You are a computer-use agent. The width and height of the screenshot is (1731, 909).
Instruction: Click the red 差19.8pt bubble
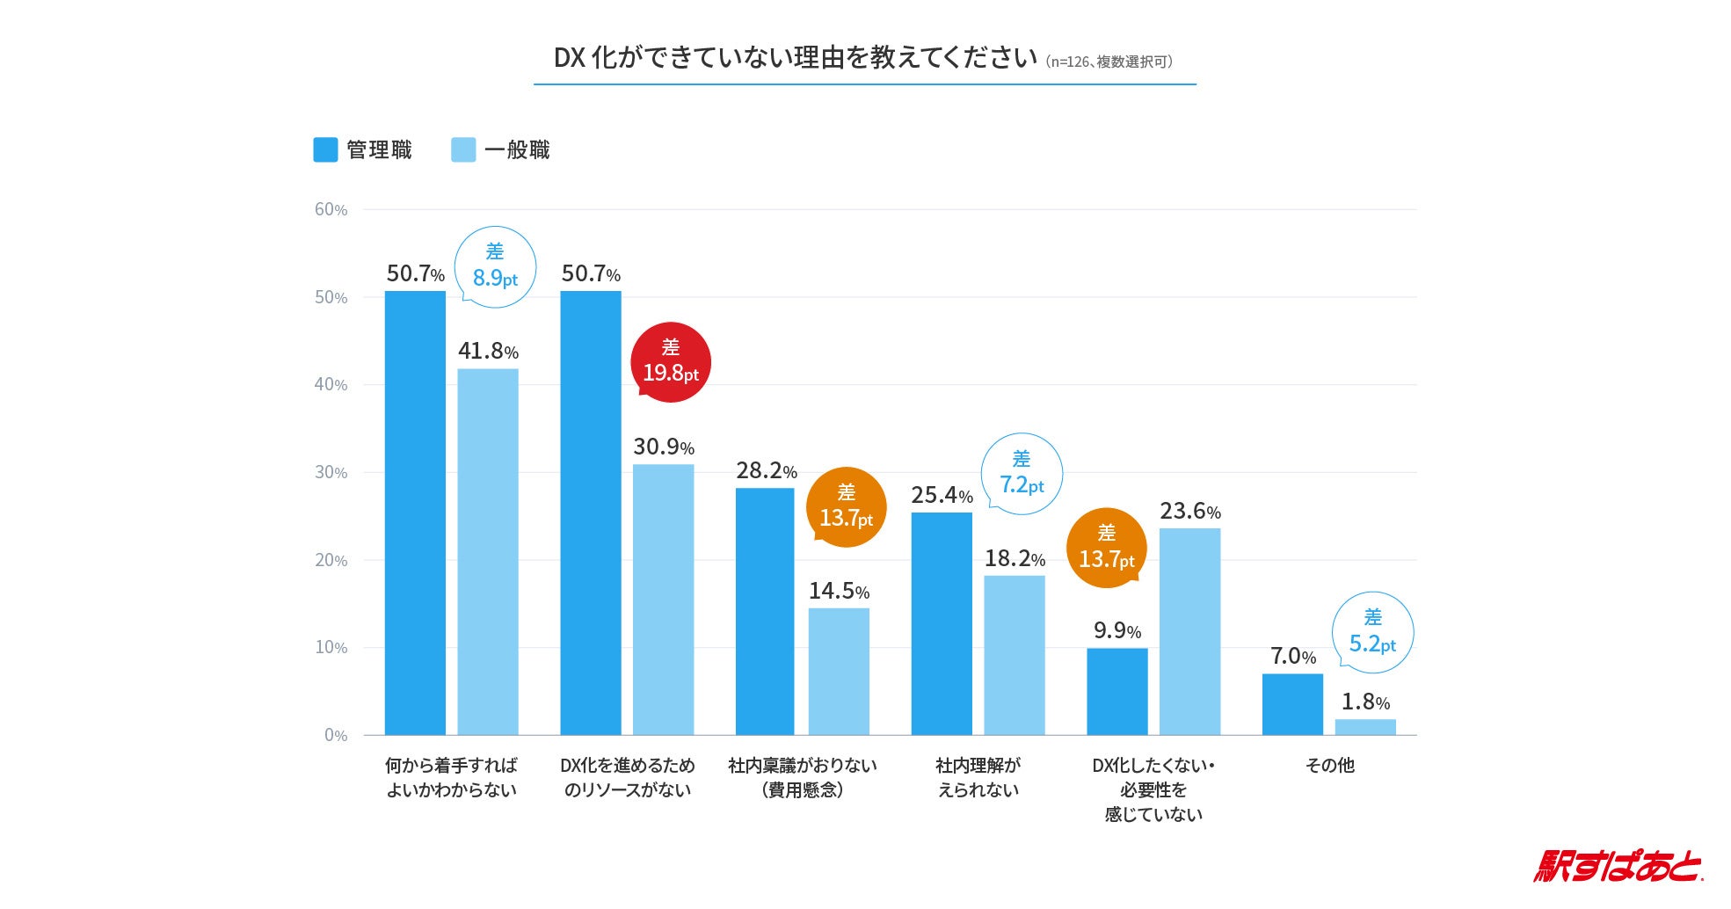671,362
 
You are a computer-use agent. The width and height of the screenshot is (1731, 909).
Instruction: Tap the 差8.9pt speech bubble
495,266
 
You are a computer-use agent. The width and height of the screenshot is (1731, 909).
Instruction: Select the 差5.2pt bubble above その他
1372,632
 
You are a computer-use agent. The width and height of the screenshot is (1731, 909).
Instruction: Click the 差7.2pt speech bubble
1022,474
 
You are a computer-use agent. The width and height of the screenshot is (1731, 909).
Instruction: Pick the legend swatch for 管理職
325,149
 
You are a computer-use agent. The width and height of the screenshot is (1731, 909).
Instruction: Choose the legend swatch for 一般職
463,149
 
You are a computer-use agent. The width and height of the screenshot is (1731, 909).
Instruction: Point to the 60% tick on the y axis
331,209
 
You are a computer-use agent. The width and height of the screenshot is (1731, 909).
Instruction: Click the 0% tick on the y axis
335,735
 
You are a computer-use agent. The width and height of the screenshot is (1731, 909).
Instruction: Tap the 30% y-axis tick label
331,472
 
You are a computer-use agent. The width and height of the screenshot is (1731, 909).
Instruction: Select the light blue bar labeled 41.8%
488,551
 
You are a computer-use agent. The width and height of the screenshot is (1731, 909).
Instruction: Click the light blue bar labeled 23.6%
1189,631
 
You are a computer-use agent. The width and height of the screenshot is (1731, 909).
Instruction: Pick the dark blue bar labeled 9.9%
1116,691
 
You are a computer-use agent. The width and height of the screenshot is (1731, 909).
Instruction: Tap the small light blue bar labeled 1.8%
1365,727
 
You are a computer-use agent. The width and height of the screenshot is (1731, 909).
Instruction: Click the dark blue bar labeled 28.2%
765,611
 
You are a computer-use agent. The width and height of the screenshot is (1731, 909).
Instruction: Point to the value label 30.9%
664,447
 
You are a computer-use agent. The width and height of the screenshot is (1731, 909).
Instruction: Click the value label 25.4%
942,495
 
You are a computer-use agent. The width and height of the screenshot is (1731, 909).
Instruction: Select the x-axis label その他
1329,766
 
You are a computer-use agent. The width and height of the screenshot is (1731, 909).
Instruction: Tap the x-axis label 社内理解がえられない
978,777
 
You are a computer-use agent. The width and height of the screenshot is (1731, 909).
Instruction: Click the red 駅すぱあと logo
1618,866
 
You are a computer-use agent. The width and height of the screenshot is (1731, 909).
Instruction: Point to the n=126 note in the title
1109,62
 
